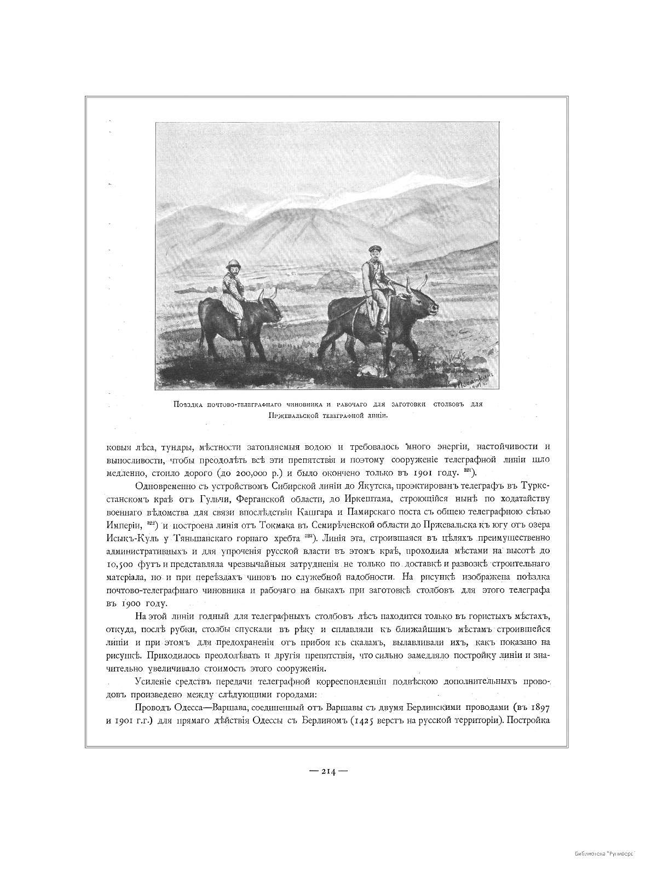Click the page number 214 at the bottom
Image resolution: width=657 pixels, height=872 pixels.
pyautogui.click(x=328, y=771)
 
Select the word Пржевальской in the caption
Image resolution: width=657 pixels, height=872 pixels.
pyautogui.click(x=293, y=416)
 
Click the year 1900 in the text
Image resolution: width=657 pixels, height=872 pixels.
pyautogui.click(x=133, y=603)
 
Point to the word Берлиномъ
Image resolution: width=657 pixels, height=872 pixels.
pyautogui.click(x=324, y=720)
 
